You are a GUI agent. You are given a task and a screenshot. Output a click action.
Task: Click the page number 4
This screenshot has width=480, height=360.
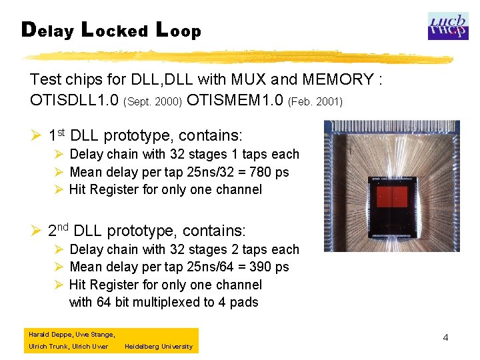[x=445, y=338]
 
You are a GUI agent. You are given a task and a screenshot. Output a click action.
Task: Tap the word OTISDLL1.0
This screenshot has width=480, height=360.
[x=74, y=101]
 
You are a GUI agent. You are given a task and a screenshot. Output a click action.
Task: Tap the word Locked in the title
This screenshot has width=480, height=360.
[x=113, y=31]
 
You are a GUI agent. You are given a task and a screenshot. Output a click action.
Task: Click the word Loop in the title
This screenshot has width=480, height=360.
[x=178, y=31]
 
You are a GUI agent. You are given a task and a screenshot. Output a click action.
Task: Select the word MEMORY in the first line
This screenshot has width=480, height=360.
[x=338, y=80]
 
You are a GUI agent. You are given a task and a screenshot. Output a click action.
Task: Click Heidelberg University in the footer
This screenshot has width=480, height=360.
[x=159, y=347]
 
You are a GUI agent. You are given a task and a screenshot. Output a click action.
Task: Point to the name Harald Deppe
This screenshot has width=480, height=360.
[x=49, y=334]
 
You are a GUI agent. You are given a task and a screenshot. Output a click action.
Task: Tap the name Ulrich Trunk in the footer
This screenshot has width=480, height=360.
[x=47, y=347]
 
